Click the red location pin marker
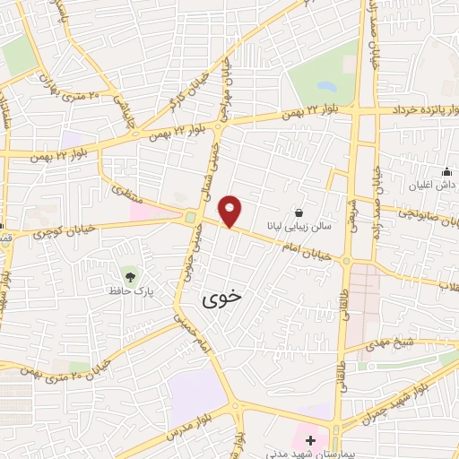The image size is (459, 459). tap(231, 211)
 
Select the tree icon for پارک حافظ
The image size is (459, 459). tap(131, 274)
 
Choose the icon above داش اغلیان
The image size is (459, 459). tap(446, 171)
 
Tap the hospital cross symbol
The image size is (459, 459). tap(310, 440)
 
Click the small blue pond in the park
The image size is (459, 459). tap(325, 87)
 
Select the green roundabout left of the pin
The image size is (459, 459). tap(190, 217)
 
